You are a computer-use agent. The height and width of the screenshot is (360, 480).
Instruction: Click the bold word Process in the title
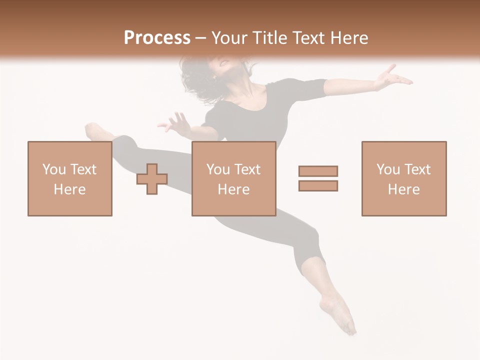pyautogui.click(x=157, y=38)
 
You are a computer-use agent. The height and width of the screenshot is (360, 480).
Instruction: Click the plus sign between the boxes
pyautogui.click(x=152, y=179)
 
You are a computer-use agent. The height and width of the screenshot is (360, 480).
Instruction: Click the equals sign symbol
pyautogui.click(x=318, y=178)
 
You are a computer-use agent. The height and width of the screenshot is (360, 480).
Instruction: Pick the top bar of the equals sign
pyautogui.click(x=318, y=171)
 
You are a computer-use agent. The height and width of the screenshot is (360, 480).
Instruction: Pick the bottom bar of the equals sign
pyautogui.click(x=318, y=186)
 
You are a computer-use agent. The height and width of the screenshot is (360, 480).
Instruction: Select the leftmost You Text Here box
pyautogui.click(x=69, y=179)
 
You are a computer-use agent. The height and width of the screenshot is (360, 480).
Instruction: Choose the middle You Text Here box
pyautogui.click(x=233, y=179)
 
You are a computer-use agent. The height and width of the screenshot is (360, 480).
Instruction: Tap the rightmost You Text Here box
pyautogui.click(x=403, y=179)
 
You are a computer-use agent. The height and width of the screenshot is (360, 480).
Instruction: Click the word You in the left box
pyautogui.click(x=54, y=169)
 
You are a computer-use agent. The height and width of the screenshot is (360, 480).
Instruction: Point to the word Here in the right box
pyautogui.click(x=403, y=189)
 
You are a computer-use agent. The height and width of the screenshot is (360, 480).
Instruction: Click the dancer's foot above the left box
pyautogui.click(x=95, y=131)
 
